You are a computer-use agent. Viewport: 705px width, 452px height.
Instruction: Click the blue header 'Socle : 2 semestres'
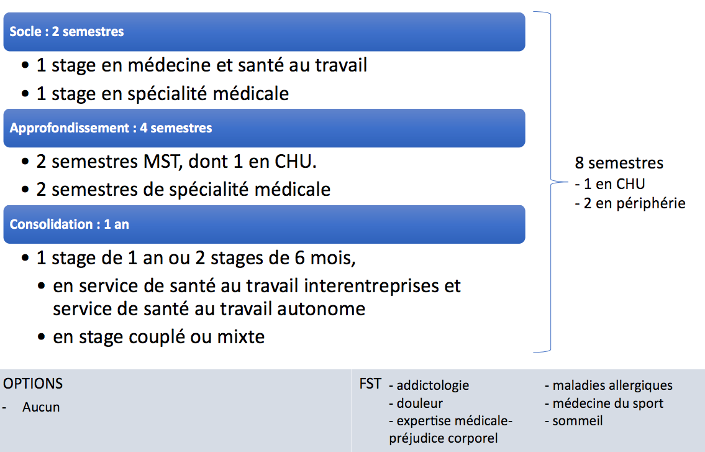click(265, 32)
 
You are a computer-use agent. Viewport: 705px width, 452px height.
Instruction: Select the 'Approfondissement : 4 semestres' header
click(265, 128)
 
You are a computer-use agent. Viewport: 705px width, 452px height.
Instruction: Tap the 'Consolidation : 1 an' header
click(265, 224)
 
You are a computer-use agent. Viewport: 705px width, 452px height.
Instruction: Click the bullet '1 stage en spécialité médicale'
click(162, 94)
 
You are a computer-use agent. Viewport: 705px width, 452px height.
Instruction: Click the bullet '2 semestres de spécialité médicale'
click(183, 190)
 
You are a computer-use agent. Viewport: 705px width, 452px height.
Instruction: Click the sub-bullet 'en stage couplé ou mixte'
click(159, 337)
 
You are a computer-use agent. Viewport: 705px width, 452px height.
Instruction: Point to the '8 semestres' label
click(619, 163)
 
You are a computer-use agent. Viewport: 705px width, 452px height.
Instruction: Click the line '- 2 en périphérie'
click(630, 203)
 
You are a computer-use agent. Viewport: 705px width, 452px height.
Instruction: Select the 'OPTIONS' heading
click(33, 384)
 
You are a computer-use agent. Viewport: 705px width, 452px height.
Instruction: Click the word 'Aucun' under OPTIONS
click(41, 407)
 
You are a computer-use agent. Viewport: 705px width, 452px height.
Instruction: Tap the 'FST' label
click(370, 384)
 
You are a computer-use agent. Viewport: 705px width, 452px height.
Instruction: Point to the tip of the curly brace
click(568, 182)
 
